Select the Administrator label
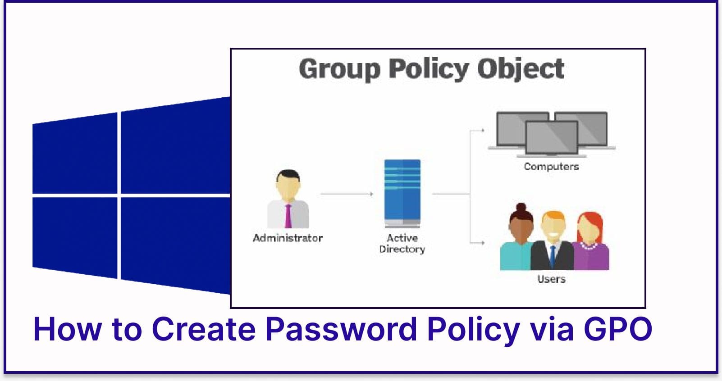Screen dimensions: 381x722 pyautogui.click(x=288, y=238)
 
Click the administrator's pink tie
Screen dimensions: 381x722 pyautogui.click(x=288, y=216)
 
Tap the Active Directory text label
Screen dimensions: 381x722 pyautogui.click(x=402, y=243)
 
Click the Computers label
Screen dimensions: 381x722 pyautogui.click(x=551, y=167)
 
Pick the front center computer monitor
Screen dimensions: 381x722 pyautogui.click(x=552, y=137)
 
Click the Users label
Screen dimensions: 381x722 pyautogui.click(x=551, y=279)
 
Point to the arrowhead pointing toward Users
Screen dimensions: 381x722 pyautogui.click(x=483, y=243)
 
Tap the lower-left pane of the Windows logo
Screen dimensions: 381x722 pyautogui.click(x=75, y=236)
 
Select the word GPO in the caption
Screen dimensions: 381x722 pyautogui.click(x=618, y=329)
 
